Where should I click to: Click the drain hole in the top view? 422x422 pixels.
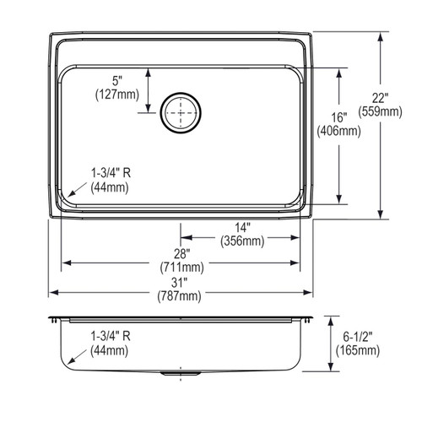pos(181,112)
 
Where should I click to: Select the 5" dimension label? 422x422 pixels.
pos(117,81)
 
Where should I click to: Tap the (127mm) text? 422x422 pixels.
pos(117,95)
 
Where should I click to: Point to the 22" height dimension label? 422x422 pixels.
pos(380,98)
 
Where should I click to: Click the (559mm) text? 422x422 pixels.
pos(380,111)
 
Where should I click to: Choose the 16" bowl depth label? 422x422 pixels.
pos(338,117)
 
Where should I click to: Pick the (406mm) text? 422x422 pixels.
pos(338,131)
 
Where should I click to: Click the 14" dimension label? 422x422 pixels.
pos(242,228)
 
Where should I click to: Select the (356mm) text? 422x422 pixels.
pos(242,241)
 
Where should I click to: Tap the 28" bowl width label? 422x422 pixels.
pos(181,254)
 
